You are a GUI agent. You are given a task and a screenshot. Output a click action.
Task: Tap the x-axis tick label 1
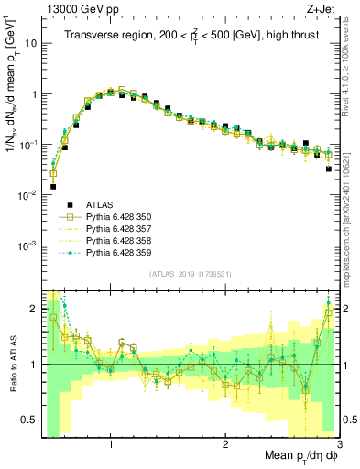tap(111, 443)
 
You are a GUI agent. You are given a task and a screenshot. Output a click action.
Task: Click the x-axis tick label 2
tap(225, 443)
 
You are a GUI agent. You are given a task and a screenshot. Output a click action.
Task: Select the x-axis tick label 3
tap(338, 443)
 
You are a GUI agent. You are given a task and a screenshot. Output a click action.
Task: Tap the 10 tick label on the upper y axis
tap(32, 43)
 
